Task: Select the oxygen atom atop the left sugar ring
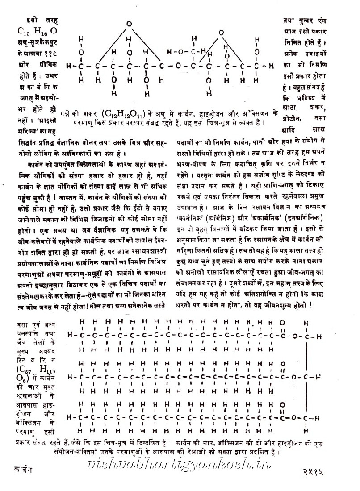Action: (x=129, y=23)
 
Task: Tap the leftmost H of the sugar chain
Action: (x=68, y=67)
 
